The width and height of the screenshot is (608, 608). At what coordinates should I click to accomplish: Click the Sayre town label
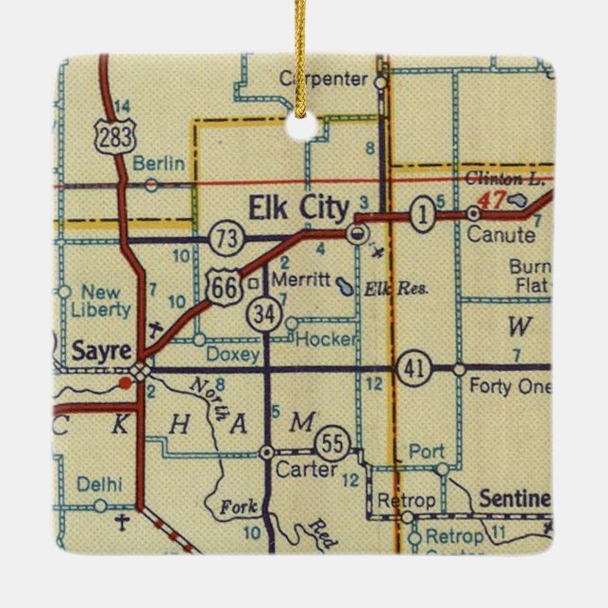click(x=99, y=351)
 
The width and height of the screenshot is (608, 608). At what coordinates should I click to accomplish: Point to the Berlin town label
click(x=159, y=163)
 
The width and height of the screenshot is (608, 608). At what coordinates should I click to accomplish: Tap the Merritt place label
click(x=299, y=281)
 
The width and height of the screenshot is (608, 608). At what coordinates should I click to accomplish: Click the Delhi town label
click(x=99, y=484)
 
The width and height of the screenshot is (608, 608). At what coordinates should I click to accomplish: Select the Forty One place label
click(x=503, y=385)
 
